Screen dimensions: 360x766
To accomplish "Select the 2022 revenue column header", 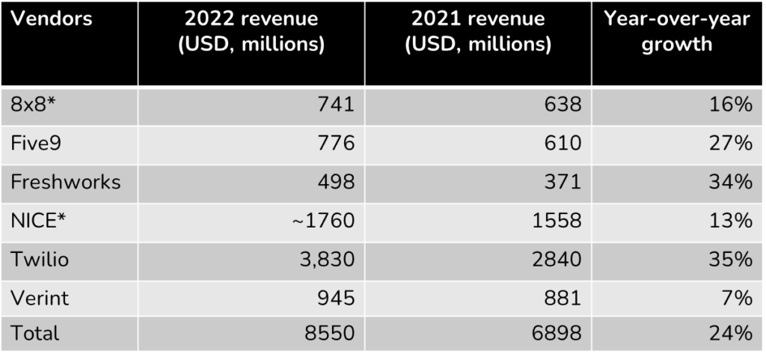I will point(251,31).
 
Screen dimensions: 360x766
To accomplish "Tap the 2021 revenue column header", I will point(478,31).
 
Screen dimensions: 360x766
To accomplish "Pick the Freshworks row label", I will point(66,182).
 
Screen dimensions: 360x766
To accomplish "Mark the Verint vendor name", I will point(40,297).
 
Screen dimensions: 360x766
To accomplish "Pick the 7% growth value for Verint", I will point(737,297).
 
